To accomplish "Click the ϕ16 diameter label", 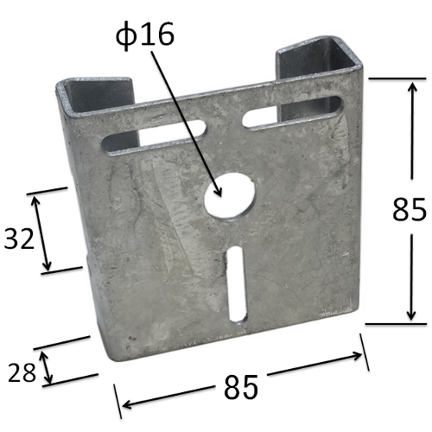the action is (x=145, y=35).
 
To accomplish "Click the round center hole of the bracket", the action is (x=230, y=197).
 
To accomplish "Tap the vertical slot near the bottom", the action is (x=238, y=284).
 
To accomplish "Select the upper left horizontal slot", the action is (x=155, y=137).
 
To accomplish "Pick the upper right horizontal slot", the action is (x=292, y=111).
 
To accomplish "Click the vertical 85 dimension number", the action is (x=409, y=209).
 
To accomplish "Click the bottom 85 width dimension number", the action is (x=241, y=387).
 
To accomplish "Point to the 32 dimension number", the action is (x=19, y=238).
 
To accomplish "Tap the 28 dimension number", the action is (x=22, y=372).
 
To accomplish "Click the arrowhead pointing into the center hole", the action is (x=218, y=190).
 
